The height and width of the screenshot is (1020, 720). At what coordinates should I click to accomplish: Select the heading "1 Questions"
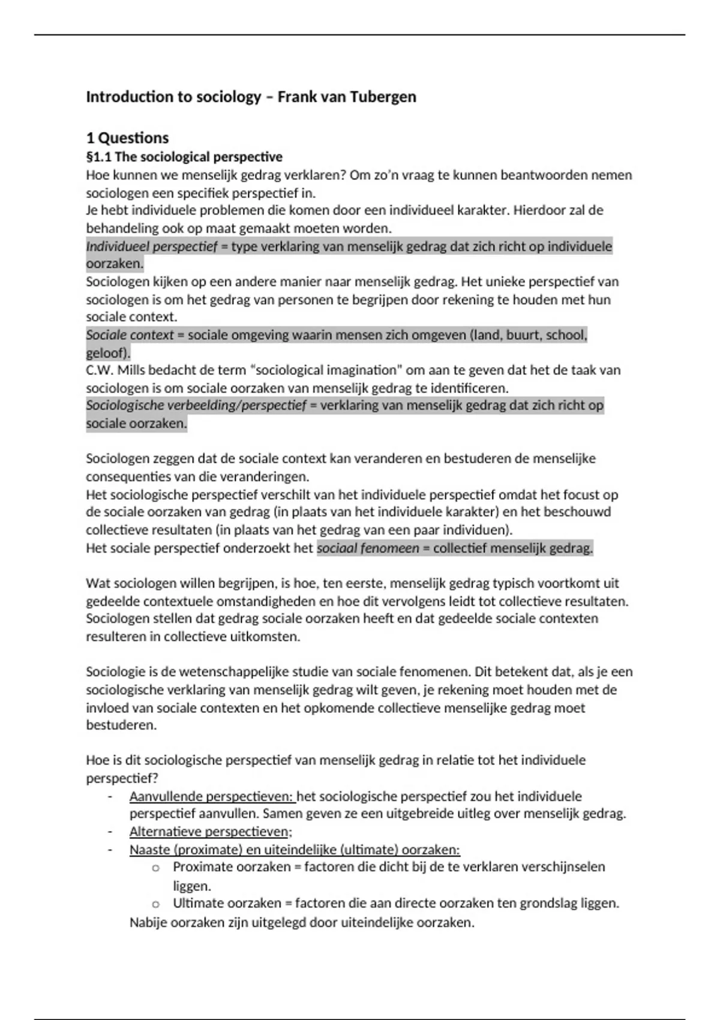point(127,138)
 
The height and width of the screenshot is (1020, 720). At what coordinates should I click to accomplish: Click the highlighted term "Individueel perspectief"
point(151,247)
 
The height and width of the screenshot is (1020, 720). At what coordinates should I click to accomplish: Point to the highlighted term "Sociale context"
point(130,335)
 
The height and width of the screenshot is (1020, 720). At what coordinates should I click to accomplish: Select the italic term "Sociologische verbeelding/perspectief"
point(196,406)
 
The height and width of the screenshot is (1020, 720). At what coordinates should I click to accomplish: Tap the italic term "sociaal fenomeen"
point(368,548)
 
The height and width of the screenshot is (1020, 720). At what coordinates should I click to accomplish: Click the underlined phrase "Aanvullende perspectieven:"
point(212,797)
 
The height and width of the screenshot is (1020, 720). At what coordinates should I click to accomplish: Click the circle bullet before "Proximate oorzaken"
point(156,868)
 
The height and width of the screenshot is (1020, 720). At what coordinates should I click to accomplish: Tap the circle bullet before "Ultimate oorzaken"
point(156,904)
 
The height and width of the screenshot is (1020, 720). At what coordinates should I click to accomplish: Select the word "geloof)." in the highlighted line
point(108,353)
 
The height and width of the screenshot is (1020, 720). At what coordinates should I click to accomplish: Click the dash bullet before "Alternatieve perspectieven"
point(110,832)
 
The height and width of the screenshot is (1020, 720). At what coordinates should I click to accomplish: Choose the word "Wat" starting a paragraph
point(98,583)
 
